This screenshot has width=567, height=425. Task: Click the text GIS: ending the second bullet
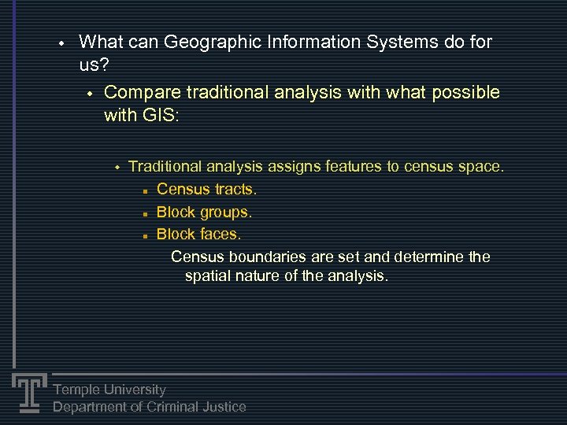[x=161, y=116]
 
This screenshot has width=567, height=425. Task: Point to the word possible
[x=465, y=93]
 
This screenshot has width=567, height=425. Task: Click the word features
[x=352, y=167]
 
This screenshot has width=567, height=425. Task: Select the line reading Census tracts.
[x=206, y=190]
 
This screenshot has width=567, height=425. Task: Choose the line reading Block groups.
[x=204, y=212]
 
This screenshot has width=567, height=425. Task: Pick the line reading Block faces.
[x=198, y=235]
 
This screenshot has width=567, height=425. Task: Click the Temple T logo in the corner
[x=28, y=392]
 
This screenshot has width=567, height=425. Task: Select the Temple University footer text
[x=109, y=390]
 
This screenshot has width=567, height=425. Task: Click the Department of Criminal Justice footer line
[x=149, y=407]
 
